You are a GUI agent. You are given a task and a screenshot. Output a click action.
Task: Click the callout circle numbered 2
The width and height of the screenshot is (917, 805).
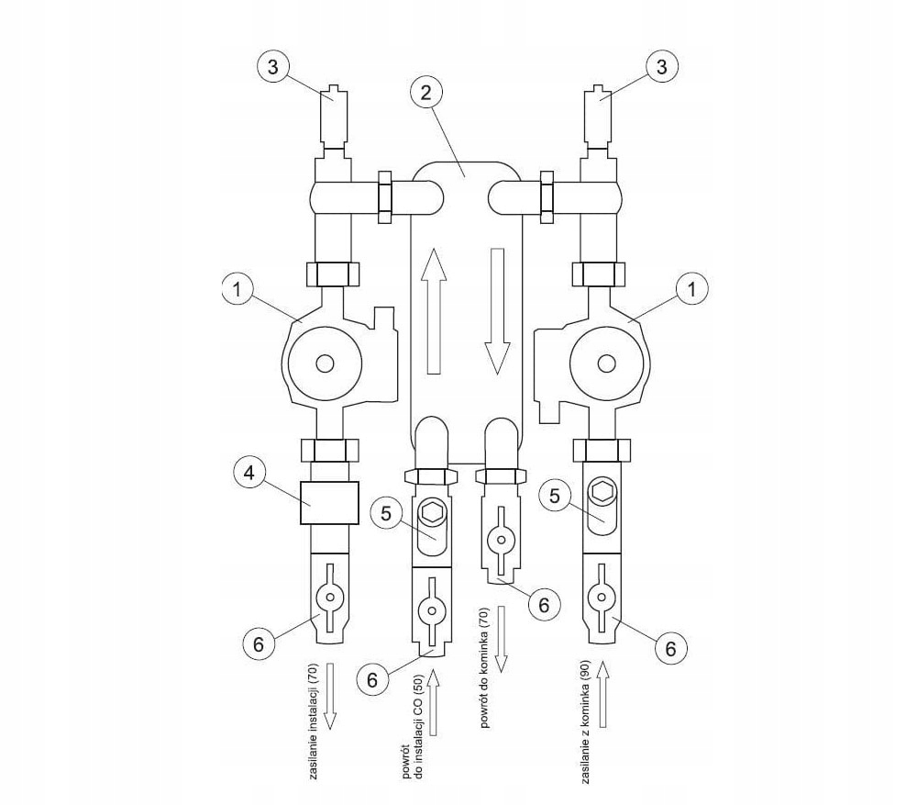pyautogui.click(x=425, y=93)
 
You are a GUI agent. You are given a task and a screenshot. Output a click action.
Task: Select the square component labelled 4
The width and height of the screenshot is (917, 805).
pyautogui.click(x=329, y=502)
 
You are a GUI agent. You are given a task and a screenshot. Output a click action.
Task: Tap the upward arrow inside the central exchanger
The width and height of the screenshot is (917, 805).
pyautogui.click(x=434, y=310)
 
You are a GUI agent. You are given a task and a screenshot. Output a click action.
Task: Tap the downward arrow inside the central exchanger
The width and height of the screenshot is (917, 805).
pyautogui.click(x=497, y=311)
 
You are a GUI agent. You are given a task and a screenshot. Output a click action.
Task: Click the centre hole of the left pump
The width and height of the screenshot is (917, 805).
pyautogui.click(x=325, y=363)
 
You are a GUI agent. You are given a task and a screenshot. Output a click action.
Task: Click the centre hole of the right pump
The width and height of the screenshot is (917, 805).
pyautogui.click(x=607, y=363)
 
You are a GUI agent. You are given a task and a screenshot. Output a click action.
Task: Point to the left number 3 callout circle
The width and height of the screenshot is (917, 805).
pyautogui.click(x=273, y=67)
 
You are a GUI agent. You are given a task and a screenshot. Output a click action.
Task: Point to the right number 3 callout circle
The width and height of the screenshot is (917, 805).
pyautogui.click(x=661, y=66)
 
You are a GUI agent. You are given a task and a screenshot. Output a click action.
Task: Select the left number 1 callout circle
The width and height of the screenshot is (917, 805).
pyautogui.click(x=238, y=290)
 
